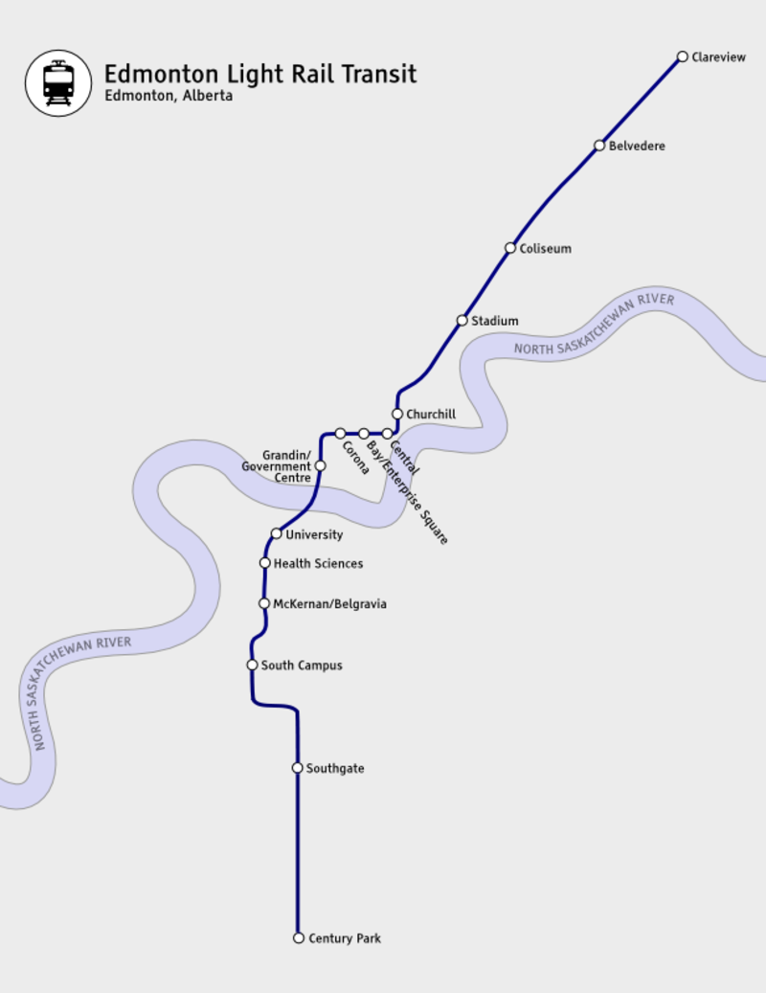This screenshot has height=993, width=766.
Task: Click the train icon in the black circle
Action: coord(58,83)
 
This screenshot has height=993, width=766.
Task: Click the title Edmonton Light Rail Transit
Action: coord(259,74)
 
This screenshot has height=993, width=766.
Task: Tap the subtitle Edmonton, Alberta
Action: coord(169,97)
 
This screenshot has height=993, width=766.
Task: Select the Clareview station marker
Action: coord(683,56)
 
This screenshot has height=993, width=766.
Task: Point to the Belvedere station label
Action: coord(637,147)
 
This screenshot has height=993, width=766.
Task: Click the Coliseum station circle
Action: coord(510,248)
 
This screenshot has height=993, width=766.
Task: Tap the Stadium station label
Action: coord(494,321)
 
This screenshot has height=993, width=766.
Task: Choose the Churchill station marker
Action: coord(397,414)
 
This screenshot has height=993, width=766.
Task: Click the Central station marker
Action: coord(387,434)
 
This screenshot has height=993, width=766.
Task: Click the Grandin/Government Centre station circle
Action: coord(321,466)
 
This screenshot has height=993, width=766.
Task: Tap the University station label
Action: coord(314,534)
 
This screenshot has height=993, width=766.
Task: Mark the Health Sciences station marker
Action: coord(265,563)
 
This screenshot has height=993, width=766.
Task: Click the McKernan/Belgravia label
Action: coord(329,604)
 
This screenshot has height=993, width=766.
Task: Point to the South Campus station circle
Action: coord(253,665)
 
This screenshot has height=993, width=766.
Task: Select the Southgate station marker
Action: coord(298,768)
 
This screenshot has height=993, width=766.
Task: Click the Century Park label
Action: coord(344,938)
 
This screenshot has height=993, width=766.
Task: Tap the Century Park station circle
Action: coord(299,938)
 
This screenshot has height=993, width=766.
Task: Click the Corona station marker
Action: coord(340,434)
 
